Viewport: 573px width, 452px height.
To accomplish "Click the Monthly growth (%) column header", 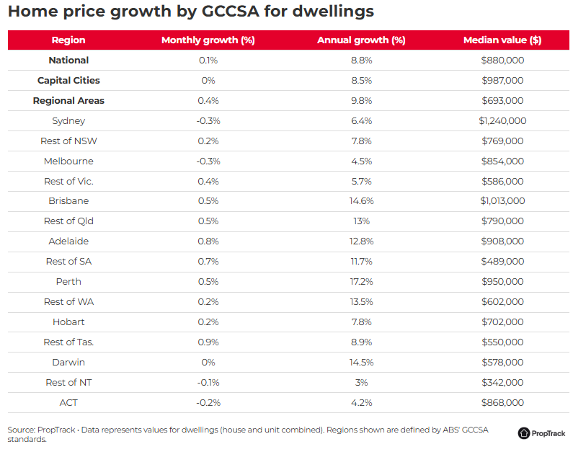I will tap(208, 40).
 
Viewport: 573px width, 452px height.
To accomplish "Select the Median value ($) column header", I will tap(502, 40).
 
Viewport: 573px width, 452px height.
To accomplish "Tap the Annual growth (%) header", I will tap(361, 40).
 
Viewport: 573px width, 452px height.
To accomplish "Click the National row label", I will tap(68, 61).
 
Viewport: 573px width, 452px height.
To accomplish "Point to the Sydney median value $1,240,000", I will tap(502, 121).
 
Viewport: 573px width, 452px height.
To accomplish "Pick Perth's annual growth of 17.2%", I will tap(361, 281).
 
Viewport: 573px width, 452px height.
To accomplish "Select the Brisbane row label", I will tap(68, 201).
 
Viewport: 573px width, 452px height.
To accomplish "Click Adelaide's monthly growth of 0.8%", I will tap(208, 241).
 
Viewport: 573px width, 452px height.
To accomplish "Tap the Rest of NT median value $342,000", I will tap(502, 382).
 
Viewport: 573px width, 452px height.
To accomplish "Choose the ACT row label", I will tap(68, 402).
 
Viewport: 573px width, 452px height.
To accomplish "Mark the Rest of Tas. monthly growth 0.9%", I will tap(208, 342).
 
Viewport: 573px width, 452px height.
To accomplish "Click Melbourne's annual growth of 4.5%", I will tap(361, 161).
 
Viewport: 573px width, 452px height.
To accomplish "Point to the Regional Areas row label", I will tap(68, 101).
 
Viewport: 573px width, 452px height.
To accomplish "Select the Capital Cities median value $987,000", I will tap(502, 81).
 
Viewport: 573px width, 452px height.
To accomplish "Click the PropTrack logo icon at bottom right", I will tap(524, 433).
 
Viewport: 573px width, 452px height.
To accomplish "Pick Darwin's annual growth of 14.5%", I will tap(361, 362).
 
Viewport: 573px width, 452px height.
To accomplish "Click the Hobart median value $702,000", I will tap(502, 322).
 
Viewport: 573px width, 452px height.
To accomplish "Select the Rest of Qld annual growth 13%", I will tap(361, 221).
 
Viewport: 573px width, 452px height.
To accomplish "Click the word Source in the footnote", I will tap(22, 430).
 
